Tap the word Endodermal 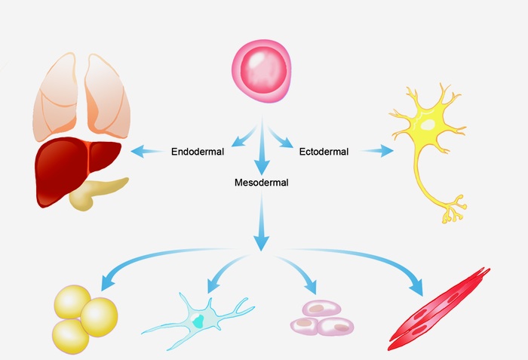(x=198, y=152)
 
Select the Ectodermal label (x=324, y=152)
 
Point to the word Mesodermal (x=262, y=182)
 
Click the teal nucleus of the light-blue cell (x=198, y=319)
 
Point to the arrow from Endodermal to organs (x=147, y=152)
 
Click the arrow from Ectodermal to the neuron (x=377, y=151)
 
